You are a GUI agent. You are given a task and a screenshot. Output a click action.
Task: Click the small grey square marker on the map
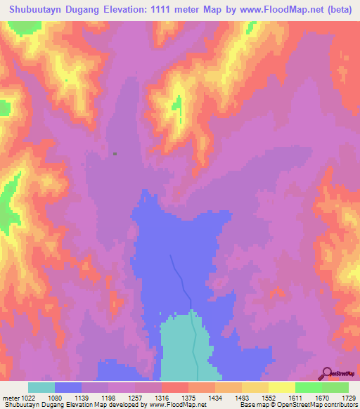pyautogui.click(x=115, y=153)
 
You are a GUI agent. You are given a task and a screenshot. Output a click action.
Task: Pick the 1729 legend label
pyautogui.click(x=348, y=397)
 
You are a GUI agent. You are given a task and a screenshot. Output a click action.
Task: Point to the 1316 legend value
pyautogui.click(x=161, y=397)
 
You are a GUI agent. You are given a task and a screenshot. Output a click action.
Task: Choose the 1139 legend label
pyautogui.click(x=81, y=397)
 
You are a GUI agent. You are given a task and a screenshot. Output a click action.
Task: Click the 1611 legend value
pyautogui.click(x=295, y=397)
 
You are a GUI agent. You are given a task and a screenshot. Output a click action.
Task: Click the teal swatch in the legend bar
pyautogui.click(x=41, y=387)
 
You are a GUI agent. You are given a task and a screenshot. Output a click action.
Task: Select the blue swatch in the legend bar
pyautogui.click(x=67, y=387)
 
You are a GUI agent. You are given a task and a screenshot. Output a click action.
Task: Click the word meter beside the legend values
pyautogui.click(x=9, y=397)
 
